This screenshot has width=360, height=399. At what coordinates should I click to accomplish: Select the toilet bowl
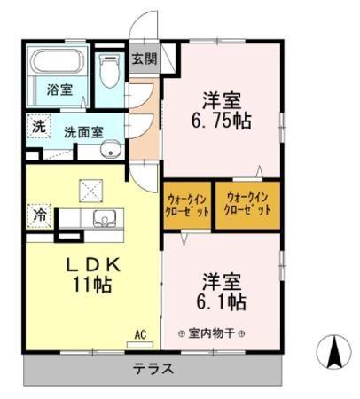[x=109, y=72]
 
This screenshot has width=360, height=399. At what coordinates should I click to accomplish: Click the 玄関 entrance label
[x=145, y=59]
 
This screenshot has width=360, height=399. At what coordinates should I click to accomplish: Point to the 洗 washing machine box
[x=37, y=126]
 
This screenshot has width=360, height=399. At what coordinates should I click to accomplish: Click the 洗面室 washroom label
[x=82, y=132]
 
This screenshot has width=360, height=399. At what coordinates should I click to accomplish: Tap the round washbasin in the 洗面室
[x=110, y=150]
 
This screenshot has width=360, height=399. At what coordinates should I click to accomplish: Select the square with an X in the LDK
[x=90, y=188]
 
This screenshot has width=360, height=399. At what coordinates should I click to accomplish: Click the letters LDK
[x=91, y=264]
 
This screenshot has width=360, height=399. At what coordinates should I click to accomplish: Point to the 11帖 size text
[x=91, y=286]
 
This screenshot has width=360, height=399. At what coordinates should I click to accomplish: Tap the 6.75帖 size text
[x=223, y=122]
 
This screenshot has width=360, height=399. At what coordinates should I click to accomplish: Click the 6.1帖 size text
[x=222, y=302]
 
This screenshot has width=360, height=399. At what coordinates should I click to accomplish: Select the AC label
[x=139, y=334]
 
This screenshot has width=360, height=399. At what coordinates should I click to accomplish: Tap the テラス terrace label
[x=153, y=369]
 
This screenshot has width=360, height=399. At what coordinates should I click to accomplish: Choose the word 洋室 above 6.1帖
[x=222, y=280]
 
